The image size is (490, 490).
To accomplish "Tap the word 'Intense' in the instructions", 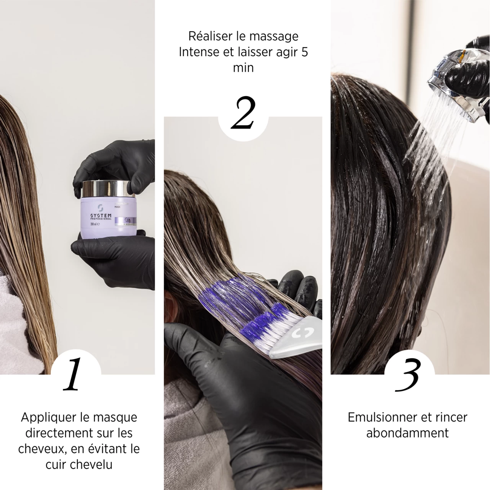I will [x=199, y=52].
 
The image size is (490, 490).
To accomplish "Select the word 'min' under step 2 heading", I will [x=243, y=67].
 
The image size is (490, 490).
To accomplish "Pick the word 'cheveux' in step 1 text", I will [x=41, y=448].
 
